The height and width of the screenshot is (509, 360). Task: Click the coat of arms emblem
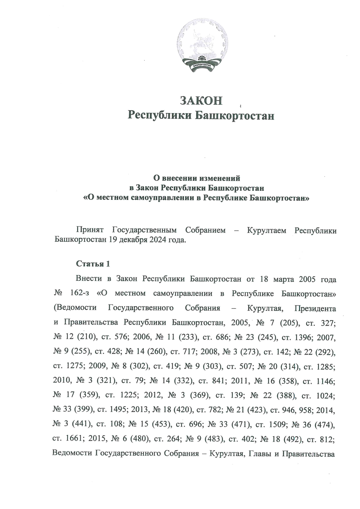tap(202, 45)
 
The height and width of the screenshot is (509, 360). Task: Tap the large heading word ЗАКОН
tap(201, 100)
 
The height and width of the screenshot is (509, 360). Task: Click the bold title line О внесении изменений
tap(197, 178)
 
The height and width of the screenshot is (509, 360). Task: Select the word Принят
tap(90, 230)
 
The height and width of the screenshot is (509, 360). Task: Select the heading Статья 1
tap(93, 264)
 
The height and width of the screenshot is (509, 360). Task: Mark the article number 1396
tap(303, 338)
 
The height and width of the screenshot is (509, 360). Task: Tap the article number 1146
tap(325, 382)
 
